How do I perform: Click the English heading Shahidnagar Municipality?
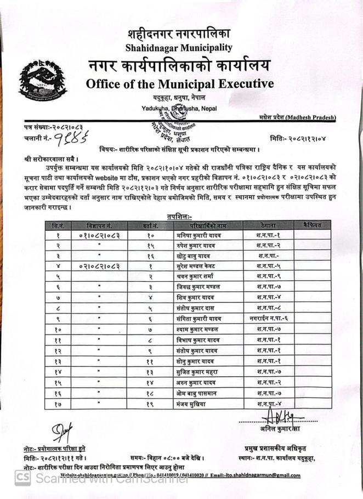tap(178, 48)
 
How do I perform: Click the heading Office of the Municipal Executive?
tap(179, 84)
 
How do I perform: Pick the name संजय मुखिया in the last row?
tap(199, 404)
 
